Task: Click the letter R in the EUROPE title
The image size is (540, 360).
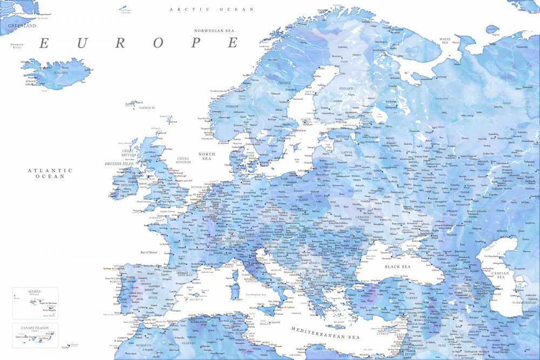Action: (119, 43)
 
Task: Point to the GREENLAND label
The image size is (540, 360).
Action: (22, 25)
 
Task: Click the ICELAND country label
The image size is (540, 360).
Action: (60, 72)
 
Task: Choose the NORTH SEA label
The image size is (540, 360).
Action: (206, 157)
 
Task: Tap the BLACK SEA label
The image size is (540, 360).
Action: (397, 267)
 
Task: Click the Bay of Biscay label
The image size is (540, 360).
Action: (151, 252)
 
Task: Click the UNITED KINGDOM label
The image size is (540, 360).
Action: (184, 160)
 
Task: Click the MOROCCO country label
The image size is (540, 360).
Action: (144, 345)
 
